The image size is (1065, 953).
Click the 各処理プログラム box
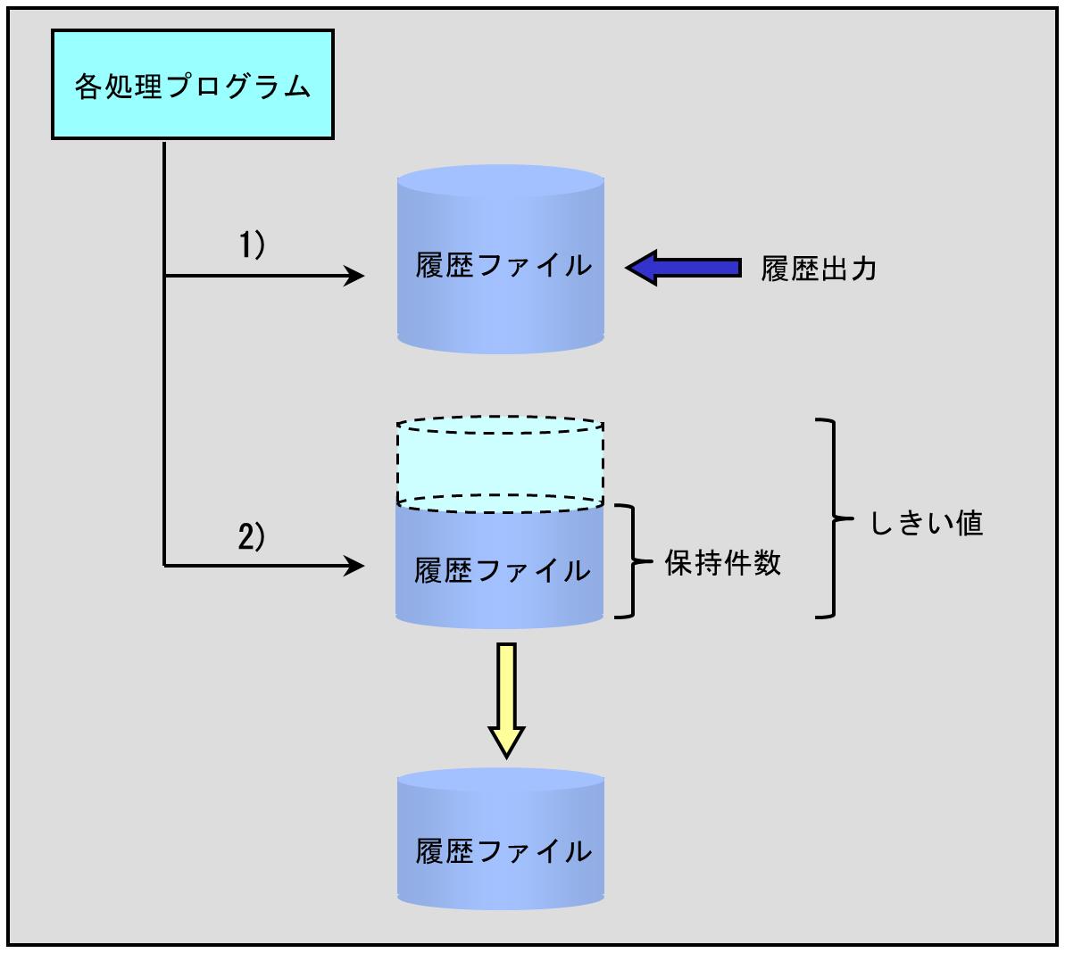pyautogui.click(x=193, y=85)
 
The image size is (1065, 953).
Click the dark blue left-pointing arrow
pyautogui.click(x=683, y=267)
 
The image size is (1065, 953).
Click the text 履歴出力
pyautogui.click(x=818, y=269)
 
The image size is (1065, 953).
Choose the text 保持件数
pyautogui.click(x=723, y=563)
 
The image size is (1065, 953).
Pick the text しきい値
pyautogui.click(x=926, y=523)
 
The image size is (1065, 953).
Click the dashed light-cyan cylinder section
pyautogui.click(x=500, y=464)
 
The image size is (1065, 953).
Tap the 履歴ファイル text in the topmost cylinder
pyautogui.click(x=503, y=266)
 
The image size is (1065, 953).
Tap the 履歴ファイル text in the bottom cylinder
pyautogui.click(x=503, y=850)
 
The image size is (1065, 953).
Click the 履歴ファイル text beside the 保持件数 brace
pyautogui.click(x=502, y=570)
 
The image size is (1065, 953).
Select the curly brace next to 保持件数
pyautogui.click(x=634, y=561)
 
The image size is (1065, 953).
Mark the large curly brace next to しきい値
pyautogui.click(x=836, y=518)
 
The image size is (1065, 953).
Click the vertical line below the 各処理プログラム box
pyautogui.click(x=165, y=357)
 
